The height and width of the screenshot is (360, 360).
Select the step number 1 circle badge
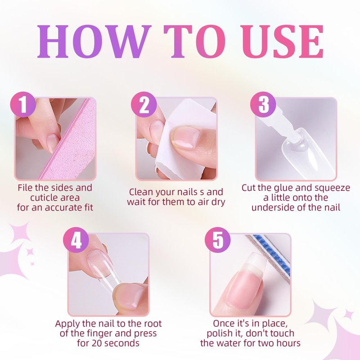pyautogui.click(x=23, y=104)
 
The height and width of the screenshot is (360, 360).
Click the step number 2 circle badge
pyautogui.click(x=144, y=104)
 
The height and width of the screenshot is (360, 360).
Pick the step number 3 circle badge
pyautogui.click(x=263, y=104)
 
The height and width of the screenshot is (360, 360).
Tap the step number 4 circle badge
pyautogui.click(x=76, y=240)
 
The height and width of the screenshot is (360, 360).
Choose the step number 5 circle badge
pyautogui.click(x=218, y=240)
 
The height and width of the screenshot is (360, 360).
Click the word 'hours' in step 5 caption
pyautogui.click(x=288, y=343)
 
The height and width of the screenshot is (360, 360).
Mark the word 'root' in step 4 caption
pyautogui.click(x=153, y=324)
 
